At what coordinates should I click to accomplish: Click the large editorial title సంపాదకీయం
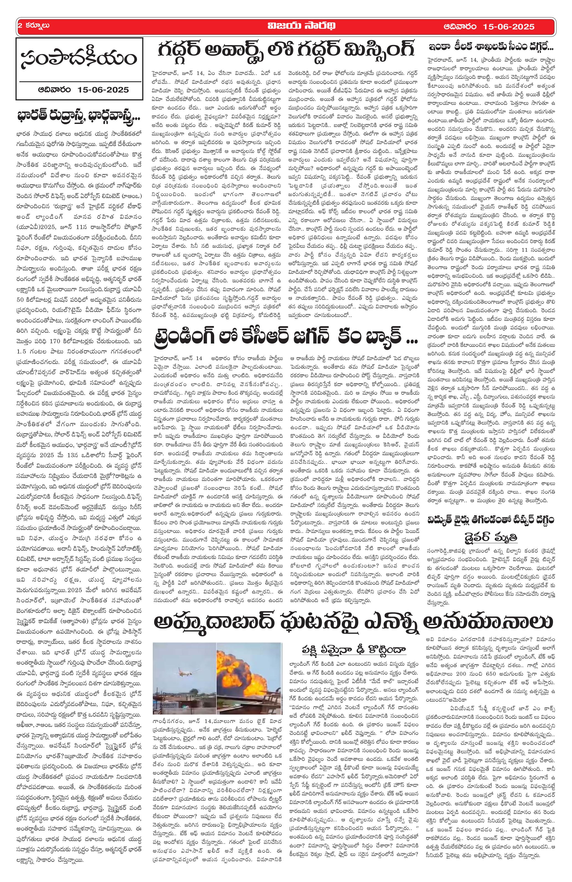(79, 59)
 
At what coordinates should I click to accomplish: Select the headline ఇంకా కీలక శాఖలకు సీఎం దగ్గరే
(491, 48)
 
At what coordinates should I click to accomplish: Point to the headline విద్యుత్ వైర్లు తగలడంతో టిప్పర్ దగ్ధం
(491, 520)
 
